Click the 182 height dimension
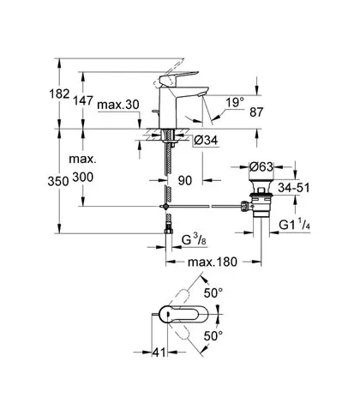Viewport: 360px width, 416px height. tap(59, 93)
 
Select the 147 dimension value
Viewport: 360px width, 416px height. tap(83, 100)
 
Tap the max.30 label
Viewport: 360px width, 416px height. tap(118, 105)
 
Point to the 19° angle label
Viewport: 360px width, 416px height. tap(235, 102)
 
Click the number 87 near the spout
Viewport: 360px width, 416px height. tap(256, 112)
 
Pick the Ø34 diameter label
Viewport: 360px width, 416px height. tap(206, 140)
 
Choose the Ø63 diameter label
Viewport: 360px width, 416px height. tap(261, 166)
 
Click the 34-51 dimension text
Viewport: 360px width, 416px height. tap(294, 188)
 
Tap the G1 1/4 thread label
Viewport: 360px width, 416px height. tap(295, 224)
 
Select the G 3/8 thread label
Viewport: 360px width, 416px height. tap(194, 239)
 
